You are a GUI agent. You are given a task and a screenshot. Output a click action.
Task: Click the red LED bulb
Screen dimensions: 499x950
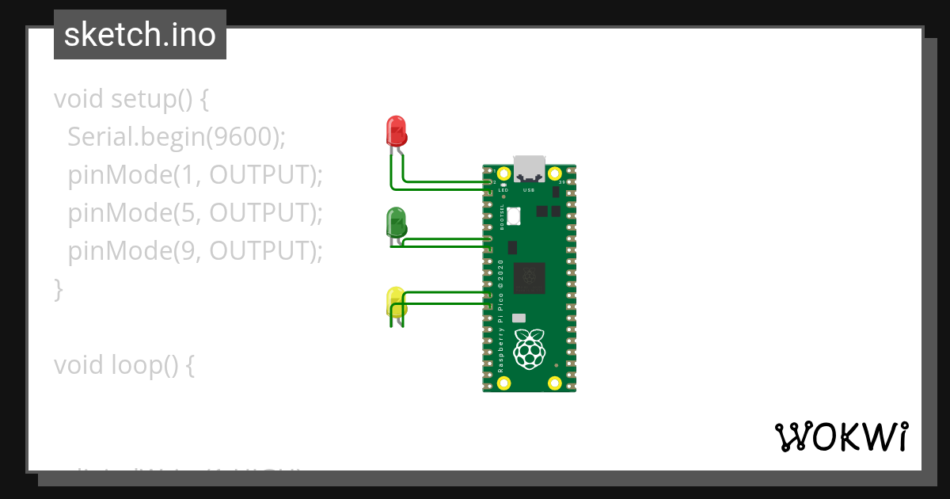coord(396,130)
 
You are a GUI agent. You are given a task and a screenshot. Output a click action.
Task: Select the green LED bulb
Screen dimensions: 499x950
coord(396,221)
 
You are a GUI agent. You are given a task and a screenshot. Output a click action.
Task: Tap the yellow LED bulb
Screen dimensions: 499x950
coord(396,302)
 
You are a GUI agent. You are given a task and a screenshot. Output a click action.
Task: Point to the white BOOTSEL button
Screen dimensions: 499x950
coord(515,215)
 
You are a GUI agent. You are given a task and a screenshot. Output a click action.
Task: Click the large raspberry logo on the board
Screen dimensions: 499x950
coord(530,348)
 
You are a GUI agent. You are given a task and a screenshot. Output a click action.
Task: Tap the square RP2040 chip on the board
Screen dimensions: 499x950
coord(529,278)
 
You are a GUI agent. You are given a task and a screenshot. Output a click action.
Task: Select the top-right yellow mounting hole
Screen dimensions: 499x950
coord(555,173)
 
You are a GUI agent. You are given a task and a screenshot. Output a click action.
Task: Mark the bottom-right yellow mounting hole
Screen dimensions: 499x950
coord(555,384)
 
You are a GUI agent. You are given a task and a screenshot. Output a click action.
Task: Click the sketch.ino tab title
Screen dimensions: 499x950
coord(140,35)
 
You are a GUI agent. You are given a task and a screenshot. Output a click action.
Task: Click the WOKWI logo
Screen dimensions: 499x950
coord(841,436)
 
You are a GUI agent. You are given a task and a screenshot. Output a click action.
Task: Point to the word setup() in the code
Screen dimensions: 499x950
coord(151,100)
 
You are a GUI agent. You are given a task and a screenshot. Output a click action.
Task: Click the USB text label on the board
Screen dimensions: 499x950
coord(529,191)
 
